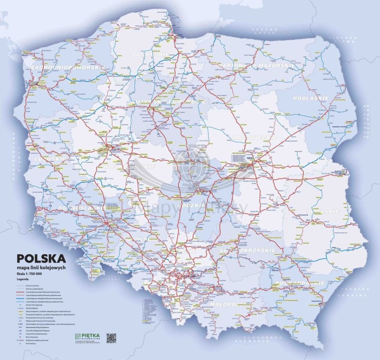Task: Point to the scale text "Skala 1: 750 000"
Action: click(31, 274)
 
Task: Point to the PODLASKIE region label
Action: click(314, 98)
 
